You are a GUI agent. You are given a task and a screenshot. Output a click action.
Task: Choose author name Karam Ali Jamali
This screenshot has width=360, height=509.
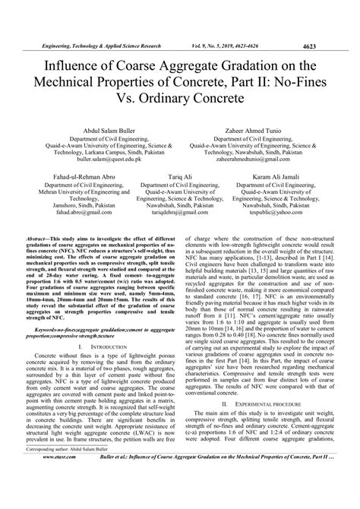pyautogui.click(x=283, y=174)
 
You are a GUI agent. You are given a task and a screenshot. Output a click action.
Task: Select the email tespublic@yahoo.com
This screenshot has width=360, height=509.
pyautogui.click(x=283, y=214)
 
